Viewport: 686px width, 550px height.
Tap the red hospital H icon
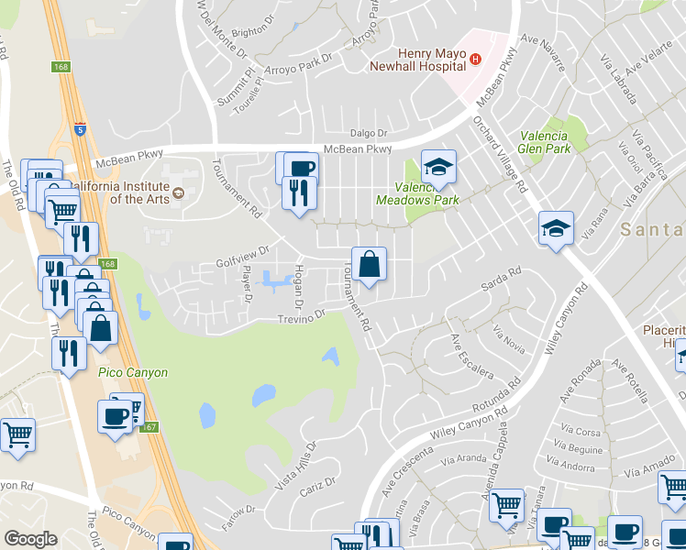click(x=475, y=60)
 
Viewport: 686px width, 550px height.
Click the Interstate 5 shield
click(x=81, y=128)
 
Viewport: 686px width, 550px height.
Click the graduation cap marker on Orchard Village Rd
click(x=556, y=228)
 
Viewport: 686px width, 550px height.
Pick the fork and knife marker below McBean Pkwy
click(x=299, y=193)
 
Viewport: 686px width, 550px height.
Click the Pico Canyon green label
click(x=133, y=373)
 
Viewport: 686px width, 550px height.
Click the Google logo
click(x=30, y=540)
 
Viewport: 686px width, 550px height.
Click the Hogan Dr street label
click(x=298, y=287)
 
